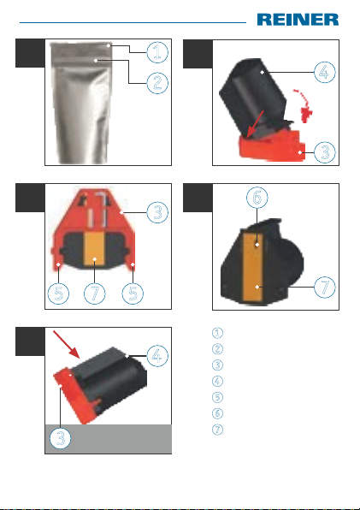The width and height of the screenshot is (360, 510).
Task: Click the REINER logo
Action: pos(298,20)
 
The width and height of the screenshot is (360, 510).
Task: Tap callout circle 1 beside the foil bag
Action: pos(157,52)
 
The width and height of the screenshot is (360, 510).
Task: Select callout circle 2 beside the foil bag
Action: pos(157,83)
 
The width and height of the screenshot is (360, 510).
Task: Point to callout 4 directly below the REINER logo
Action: pos(325,72)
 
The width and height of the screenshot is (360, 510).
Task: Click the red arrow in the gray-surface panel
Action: pos(67,345)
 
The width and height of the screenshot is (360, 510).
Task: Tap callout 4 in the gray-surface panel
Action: pos(157,356)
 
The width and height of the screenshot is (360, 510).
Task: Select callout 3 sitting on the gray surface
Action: pos(61,438)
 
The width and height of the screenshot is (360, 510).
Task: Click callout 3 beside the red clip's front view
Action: pos(157,212)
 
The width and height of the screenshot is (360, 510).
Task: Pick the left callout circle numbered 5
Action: pos(58,294)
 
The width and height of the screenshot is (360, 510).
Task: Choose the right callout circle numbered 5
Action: pos(133,294)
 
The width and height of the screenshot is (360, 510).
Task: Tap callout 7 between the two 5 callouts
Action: pos(95,294)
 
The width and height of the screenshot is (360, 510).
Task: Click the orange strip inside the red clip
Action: pos(94,249)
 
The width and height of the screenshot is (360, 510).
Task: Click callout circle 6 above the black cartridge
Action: pos(257,198)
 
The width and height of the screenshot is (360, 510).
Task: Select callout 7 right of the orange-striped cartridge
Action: pos(325,288)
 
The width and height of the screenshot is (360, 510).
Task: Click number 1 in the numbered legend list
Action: pos(217,333)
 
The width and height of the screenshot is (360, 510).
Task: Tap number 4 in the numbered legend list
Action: pos(217,381)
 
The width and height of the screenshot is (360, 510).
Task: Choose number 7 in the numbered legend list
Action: pos(217,430)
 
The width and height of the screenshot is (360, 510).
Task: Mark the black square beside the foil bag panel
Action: pos(30,53)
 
